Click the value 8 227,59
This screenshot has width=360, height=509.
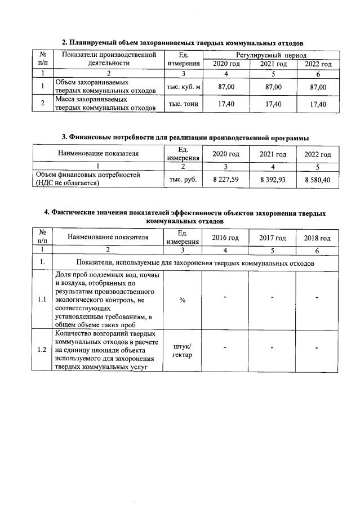click(x=225, y=179)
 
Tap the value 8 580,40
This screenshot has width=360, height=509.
click(x=318, y=179)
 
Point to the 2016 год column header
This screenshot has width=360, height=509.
click(x=225, y=238)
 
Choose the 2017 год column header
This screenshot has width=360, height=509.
click(x=273, y=238)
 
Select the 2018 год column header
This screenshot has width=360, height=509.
click(x=318, y=238)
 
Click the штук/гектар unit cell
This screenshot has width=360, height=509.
click(x=183, y=350)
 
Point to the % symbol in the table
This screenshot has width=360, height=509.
click(x=183, y=300)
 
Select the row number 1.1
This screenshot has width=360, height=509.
click(x=42, y=300)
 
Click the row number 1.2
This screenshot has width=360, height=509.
click(x=42, y=350)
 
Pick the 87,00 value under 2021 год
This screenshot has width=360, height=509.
click(x=273, y=87)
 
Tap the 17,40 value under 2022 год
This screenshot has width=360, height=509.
click(x=318, y=105)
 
